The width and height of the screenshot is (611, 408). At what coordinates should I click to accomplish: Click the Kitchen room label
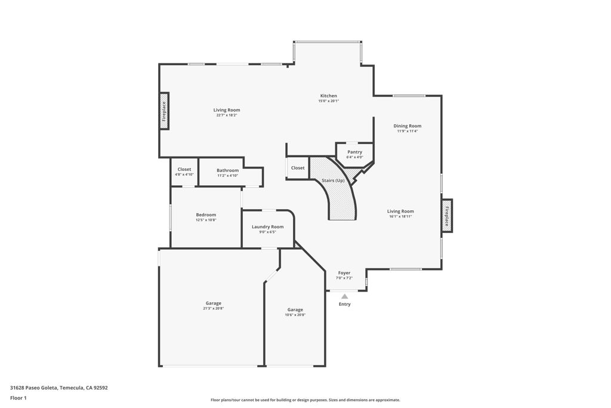point(329,96)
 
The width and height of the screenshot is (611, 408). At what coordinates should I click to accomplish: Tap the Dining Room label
point(408,126)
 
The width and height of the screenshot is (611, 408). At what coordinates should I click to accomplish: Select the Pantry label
point(355,152)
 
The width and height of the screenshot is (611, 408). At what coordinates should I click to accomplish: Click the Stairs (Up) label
point(333,180)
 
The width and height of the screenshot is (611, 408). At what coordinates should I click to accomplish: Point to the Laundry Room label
point(267,227)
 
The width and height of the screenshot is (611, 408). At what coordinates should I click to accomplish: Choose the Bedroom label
point(206,215)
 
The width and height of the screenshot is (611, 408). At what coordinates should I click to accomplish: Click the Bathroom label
point(227,170)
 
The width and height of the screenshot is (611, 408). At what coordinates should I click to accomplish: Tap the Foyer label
point(344,273)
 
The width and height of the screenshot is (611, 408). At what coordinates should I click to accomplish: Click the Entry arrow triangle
point(344,296)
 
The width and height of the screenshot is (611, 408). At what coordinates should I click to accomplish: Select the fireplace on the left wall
point(164,111)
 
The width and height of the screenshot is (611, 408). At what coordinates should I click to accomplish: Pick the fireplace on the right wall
point(446,215)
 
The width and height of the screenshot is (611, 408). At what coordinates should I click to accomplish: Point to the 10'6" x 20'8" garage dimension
point(295,315)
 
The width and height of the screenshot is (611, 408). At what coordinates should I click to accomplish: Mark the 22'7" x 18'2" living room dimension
point(227,115)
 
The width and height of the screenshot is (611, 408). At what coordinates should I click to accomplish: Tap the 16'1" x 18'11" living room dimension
point(400,216)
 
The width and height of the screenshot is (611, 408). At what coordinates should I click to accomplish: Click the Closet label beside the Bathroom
point(184,170)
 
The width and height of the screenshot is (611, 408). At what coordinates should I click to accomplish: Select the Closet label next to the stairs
point(298,168)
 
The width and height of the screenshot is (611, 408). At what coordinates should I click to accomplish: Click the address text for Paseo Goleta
point(58,388)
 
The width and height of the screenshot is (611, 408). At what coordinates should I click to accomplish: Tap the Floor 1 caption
point(18,398)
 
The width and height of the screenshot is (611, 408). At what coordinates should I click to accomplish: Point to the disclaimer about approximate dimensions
point(305,400)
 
